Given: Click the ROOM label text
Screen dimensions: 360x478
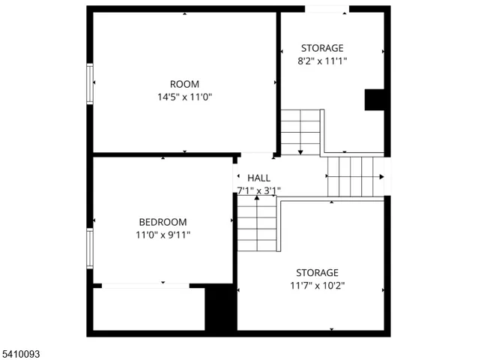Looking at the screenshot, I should coord(184,84).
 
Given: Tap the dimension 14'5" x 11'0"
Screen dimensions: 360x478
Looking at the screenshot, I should coord(184,97).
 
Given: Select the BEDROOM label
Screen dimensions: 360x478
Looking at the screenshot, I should coord(163,222).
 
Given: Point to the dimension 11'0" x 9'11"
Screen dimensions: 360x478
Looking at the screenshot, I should coord(163,235).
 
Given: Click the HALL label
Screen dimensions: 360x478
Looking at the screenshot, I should coord(258,178).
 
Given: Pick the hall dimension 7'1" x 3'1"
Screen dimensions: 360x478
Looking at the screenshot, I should coord(258,190).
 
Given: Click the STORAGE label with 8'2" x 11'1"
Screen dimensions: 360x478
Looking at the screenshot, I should coord(322,48).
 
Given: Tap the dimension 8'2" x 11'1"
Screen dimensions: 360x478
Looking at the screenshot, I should coord(322,61).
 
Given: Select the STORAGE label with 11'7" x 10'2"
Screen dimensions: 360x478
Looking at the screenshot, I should coord(317,272).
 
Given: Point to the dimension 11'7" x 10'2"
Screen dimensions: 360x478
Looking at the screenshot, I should coord(317,285).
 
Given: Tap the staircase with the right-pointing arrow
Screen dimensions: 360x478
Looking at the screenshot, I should coord(356,177).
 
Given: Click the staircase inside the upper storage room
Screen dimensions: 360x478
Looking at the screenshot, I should coord(301,132).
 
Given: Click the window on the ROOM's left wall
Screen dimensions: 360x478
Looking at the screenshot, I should coord(90,83).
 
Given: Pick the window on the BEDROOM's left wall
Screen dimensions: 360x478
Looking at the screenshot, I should coord(90,249).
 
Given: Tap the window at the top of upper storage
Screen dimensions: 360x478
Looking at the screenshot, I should coord(327,9).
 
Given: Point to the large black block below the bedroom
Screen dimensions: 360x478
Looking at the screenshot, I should coord(220,307).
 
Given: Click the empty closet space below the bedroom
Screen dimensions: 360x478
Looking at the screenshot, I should coord(148,308).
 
